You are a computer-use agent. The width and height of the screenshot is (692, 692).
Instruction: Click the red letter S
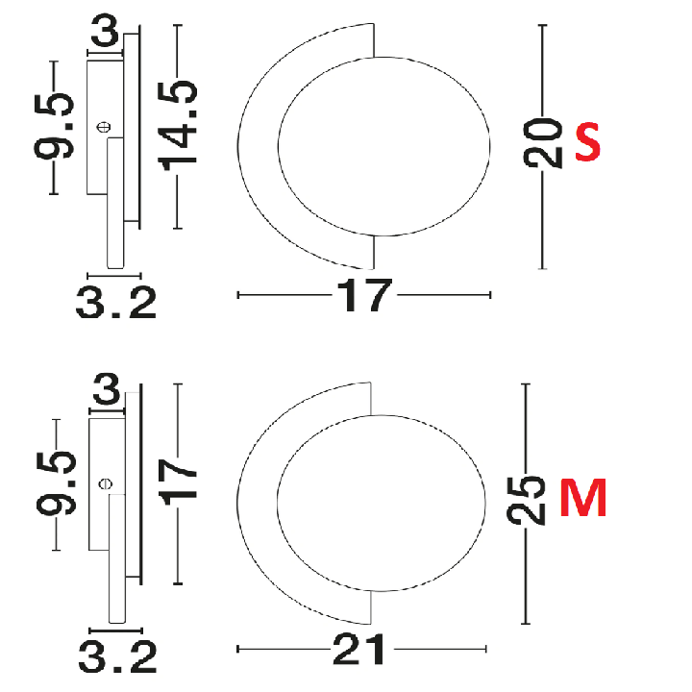[x=588, y=142]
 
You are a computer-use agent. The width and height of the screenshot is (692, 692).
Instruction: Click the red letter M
[x=583, y=498]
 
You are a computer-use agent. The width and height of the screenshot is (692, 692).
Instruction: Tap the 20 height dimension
[x=543, y=143]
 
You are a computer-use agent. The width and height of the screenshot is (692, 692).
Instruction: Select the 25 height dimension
[x=526, y=501]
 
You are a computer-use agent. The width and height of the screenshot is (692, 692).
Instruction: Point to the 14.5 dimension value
[x=178, y=126]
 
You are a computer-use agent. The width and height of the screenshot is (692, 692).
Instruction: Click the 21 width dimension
[x=358, y=649]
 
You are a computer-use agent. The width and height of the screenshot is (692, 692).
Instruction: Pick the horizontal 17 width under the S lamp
[x=363, y=295]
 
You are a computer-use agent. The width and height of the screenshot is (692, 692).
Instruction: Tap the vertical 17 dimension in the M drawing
[x=178, y=482]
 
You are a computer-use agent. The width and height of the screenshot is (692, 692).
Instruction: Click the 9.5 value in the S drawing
[x=54, y=126]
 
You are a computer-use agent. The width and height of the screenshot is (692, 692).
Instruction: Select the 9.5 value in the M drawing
[x=56, y=483]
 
